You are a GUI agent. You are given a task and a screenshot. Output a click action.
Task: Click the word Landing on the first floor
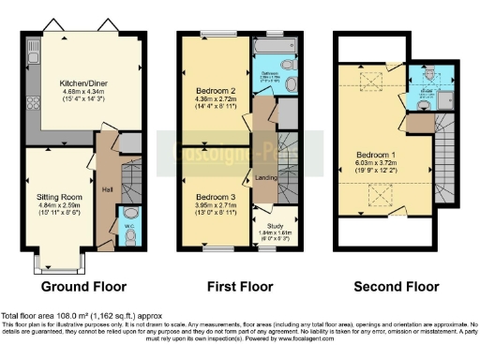click(x=265, y=179)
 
